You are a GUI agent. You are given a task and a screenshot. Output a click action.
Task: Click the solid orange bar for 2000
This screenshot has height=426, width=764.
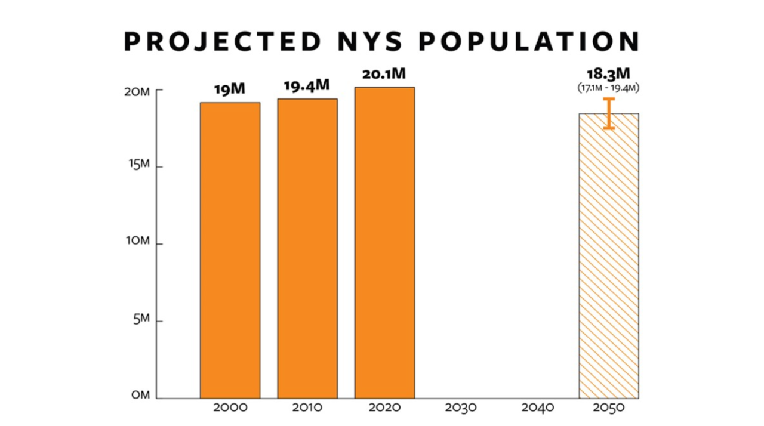(x=230, y=251)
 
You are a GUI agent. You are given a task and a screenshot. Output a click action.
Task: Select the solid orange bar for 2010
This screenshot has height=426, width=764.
(x=307, y=248)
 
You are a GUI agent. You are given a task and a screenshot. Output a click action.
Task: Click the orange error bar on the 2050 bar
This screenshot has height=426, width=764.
(x=609, y=113)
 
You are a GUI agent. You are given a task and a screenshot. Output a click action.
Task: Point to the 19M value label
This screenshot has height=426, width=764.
(x=230, y=90)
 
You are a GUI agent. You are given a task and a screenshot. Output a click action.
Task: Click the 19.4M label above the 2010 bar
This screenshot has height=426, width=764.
(x=306, y=86)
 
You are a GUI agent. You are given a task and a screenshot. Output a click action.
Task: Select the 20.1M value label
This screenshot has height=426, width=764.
(x=384, y=75)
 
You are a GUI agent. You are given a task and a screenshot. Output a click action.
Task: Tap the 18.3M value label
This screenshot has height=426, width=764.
(x=609, y=75)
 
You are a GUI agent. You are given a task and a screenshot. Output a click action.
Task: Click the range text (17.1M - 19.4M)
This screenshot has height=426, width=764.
(x=609, y=88)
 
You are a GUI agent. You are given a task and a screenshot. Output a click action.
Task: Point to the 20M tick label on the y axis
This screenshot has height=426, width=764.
(x=137, y=92)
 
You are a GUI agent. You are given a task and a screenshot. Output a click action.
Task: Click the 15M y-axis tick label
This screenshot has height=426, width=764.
(x=138, y=165)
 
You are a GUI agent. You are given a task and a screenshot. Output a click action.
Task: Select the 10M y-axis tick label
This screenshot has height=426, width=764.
(x=137, y=241)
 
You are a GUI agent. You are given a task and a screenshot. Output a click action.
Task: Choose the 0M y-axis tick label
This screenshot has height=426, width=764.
(x=140, y=396)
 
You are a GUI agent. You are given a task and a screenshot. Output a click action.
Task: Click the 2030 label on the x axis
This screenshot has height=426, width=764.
(x=461, y=409)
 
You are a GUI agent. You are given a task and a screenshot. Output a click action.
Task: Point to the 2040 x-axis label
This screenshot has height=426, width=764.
(x=537, y=409)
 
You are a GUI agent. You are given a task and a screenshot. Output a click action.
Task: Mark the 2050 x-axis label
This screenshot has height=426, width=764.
(x=609, y=409)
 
